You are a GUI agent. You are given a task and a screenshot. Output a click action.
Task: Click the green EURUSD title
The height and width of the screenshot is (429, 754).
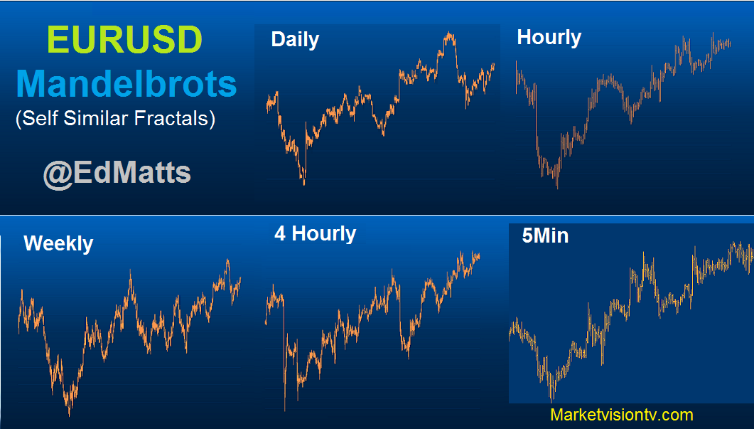pos(124,39)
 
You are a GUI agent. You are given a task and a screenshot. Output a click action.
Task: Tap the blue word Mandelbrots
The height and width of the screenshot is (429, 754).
pos(126,84)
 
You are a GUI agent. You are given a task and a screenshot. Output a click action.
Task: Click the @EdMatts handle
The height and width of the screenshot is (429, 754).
pos(117,173)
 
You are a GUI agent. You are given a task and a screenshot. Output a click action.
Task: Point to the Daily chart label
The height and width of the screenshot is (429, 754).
pos(295,39)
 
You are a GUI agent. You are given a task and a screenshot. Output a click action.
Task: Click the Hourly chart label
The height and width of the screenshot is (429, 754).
pos(549,38)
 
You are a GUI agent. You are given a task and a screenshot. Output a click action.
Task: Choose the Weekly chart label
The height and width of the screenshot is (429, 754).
pos(58,243)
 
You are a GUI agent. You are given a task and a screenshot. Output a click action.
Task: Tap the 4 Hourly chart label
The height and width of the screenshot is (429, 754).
pos(315,234)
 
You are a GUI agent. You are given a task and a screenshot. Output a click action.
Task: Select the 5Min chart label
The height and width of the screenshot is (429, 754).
pos(545,235)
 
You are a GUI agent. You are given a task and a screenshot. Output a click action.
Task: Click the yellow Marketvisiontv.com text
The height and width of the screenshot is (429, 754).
pos(621,415)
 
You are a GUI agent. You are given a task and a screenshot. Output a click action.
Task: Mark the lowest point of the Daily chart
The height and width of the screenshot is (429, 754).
pos(304,184)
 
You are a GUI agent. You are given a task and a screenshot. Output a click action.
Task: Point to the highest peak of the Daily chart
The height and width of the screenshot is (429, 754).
pos(449,33)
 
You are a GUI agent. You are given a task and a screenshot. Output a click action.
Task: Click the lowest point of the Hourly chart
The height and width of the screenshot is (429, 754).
pos(557,188)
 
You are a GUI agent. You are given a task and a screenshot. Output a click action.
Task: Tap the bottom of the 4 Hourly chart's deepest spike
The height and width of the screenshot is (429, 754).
pos(285,411)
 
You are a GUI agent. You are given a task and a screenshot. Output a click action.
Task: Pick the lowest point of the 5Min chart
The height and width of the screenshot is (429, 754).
pos(551,401)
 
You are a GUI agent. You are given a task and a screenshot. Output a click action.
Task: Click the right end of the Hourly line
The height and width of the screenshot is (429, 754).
pos(730,44)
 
